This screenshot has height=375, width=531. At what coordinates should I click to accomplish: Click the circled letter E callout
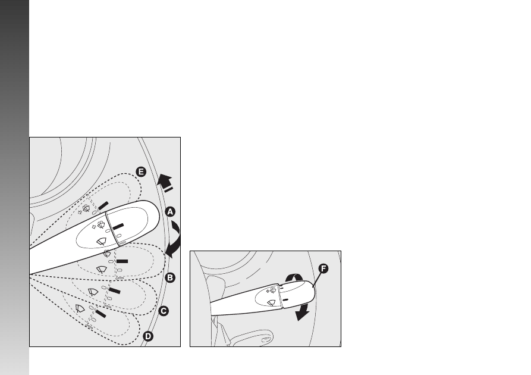141,172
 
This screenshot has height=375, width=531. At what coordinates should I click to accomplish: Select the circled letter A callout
170,212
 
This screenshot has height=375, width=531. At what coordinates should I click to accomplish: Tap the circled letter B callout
170,278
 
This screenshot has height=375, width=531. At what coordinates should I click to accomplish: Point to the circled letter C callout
164,311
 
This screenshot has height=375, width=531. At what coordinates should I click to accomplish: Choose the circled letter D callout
148,336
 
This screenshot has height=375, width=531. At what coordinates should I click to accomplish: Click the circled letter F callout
323,268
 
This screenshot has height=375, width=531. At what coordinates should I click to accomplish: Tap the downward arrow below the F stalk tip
303,312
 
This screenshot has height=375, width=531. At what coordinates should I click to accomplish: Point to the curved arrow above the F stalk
294,277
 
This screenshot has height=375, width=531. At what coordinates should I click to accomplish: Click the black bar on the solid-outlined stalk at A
118,227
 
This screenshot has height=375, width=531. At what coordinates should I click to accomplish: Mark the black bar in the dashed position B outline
122,261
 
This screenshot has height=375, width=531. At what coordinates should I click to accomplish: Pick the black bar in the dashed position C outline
114,291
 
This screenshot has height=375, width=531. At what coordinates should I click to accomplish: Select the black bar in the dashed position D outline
100,314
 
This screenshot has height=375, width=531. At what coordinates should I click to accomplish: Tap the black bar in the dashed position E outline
103,205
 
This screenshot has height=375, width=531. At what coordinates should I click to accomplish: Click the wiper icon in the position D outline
80,308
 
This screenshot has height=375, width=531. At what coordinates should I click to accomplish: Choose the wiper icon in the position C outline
93,292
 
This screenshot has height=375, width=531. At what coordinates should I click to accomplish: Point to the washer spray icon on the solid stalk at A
99,226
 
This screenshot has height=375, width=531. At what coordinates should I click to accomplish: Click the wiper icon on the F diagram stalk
272,303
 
